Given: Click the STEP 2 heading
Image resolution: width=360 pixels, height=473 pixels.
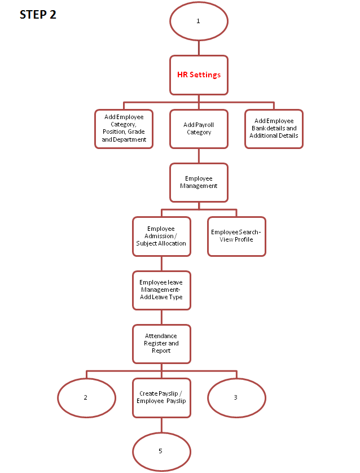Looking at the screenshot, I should (38, 15).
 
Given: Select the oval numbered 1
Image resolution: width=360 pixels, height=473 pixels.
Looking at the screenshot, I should (199, 21).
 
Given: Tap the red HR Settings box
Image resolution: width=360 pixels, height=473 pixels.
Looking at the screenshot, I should (199, 75).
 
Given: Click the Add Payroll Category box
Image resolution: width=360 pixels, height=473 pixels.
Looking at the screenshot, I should (199, 129).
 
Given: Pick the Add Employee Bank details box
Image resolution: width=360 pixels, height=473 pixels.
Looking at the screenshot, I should (274, 129).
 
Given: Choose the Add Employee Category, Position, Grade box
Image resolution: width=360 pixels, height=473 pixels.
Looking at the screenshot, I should (124, 129).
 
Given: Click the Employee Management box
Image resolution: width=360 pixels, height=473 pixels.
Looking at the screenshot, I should (199, 182).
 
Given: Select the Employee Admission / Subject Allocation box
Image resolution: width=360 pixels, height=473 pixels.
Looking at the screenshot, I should (161, 236).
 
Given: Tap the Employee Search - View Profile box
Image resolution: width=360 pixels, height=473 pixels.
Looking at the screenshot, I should (236, 236).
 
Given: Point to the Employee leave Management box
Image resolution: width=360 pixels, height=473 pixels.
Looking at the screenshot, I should (161, 290).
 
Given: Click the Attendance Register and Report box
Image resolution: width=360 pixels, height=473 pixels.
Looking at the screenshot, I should (161, 344).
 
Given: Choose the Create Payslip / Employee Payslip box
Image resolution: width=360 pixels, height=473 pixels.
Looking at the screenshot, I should (161, 397).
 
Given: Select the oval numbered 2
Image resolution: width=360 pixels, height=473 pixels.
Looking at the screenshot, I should (86, 397).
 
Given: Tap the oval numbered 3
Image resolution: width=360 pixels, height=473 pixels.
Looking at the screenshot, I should (236, 397).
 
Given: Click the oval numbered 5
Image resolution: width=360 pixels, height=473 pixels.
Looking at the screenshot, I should (161, 451).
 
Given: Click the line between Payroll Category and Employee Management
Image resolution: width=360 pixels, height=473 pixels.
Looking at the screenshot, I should (199, 156).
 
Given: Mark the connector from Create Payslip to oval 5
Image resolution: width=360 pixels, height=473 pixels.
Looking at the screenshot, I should (161, 424).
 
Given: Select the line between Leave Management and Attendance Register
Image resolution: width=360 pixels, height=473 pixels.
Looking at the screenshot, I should (161, 317).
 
